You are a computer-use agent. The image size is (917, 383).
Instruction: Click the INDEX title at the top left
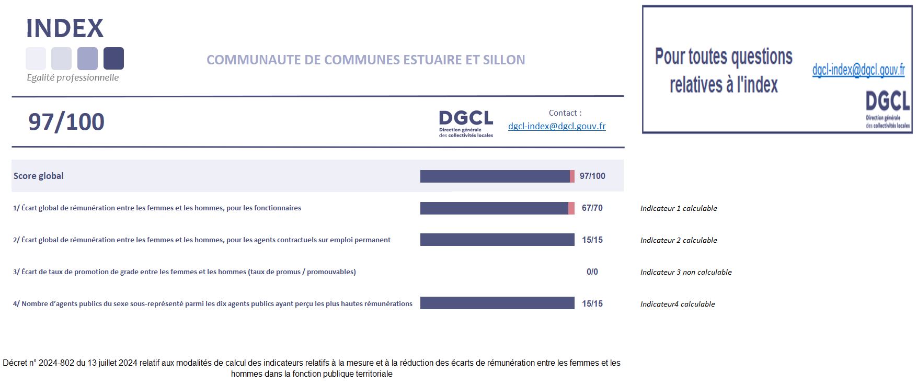pyautogui.click(x=65, y=28)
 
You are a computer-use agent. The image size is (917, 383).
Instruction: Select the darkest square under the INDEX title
pyautogui.click(x=113, y=58)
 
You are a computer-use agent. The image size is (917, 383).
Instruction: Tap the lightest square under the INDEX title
pyautogui.click(x=36, y=58)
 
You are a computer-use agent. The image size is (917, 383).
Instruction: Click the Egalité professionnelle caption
pyautogui.click(x=73, y=77)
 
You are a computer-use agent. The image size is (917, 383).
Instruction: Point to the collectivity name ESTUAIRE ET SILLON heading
pyautogui.click(x=366, y=60)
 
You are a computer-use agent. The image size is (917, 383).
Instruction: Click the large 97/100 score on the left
pyautogui.click(x=66, y=122)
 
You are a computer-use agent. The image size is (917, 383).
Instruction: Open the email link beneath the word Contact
pyautogui.click(x=557, y=126)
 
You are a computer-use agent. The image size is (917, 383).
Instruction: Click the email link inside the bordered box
pyautogui.click(x=858, y=70)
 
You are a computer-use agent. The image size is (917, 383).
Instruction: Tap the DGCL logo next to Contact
pyautogui.click(x=466, y=123)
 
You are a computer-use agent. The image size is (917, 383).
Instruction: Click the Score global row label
pyautogui.click(x=39, y=176)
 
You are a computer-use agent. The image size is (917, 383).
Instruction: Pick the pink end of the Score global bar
pyautogui.click(x=572, y=176)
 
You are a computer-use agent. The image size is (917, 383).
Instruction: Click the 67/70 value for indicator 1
pyautogui.click(x=592, y=208)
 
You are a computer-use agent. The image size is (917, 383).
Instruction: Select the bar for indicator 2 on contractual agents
pyautogui.click(x=497, y=240)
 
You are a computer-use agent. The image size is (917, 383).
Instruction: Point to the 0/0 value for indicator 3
pyautogui.click(x=592, y=272)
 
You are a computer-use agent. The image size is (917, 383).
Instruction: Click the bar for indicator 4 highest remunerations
pyautogui.click(x=497, y=303)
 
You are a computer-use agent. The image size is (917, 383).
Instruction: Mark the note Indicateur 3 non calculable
pyautogui.click(x=686, y=272)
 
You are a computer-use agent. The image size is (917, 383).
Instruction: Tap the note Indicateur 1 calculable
pyautogui.click(x=679, y=208)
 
